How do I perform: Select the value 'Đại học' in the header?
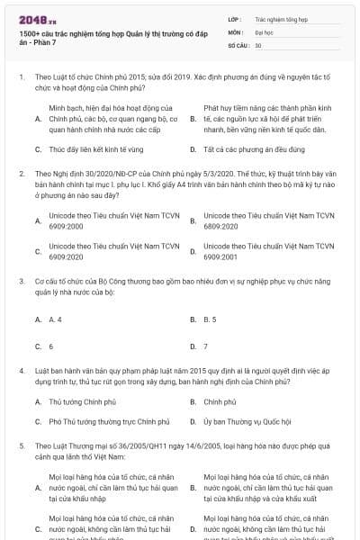[265, 31]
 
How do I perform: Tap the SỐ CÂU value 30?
[258, 44]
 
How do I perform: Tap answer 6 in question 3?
[50, 346]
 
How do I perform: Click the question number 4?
[21, 369]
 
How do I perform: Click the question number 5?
[21, 445]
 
